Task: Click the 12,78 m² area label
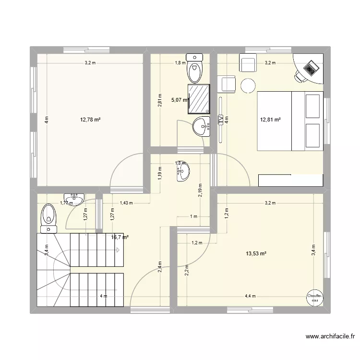click(x=90, y=120)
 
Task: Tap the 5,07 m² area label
click(x=180, y=100)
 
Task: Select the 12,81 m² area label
click(x=270, y=120)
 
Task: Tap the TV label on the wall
click(x=221, y=120)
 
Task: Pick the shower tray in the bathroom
click(x=199, y=99)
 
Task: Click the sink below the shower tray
click(x=202, y=127)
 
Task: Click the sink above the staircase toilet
click(x=74, y=198)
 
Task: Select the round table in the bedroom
click(x=248, y=85)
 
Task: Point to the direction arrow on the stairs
click(x=118, y=250)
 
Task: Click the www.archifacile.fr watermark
click(x=329, y=337)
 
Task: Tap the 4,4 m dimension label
click(x=250, y=296)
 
